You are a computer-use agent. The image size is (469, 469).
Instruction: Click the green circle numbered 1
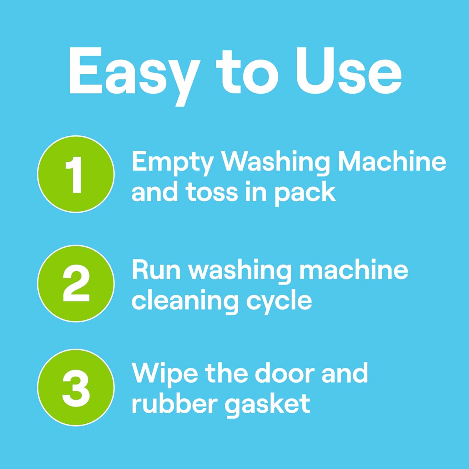pos(76,174)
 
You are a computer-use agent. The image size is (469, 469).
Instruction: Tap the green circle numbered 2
pos(76,284)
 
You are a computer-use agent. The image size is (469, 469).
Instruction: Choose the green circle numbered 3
pos(76,387)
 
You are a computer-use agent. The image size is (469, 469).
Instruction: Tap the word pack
pos(305,194)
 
